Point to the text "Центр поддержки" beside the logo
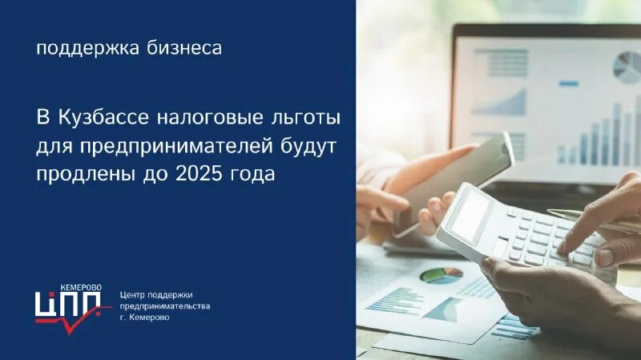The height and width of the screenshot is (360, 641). (x=156, y=294)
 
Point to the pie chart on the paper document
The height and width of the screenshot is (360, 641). (x=441, y=275)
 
